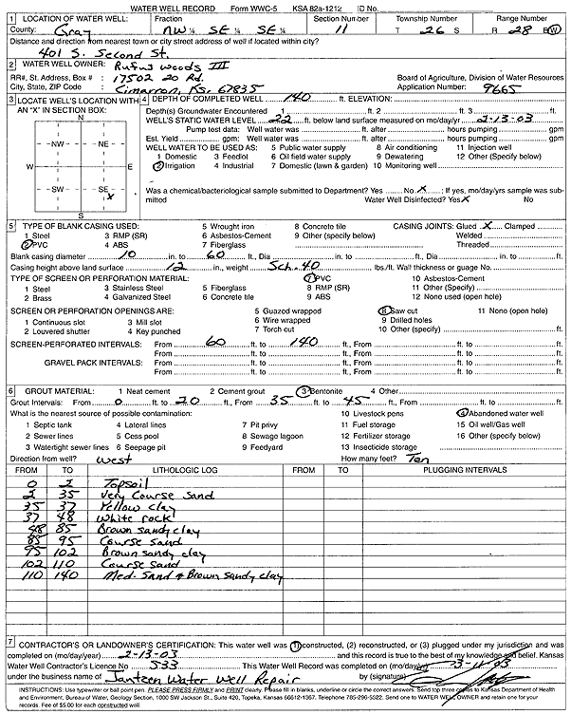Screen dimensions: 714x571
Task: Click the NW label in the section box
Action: tap(58, 143)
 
